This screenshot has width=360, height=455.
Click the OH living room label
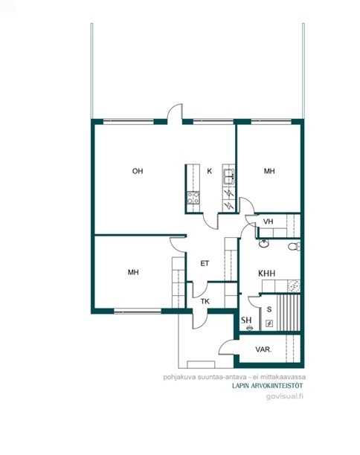coord(138,171)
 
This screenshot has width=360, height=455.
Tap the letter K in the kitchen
coord(209,171)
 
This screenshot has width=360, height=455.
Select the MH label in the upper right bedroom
coord(269,171)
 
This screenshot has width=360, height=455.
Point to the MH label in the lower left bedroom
coord(133,272)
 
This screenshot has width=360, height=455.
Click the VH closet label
coord(269,222)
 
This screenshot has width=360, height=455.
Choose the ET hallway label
coord(205,263)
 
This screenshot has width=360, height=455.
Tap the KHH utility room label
coord(267,273)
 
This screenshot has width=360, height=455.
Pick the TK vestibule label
coord(205,302)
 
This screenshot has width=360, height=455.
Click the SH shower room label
coord(246,320)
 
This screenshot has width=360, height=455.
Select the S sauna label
coord(269,309)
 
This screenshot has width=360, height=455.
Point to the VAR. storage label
coord(263,349)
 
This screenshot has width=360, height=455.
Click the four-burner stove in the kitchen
coord(193,198)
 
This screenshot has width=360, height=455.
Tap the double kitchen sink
coord(228,177)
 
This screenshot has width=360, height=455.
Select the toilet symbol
coord(294,246)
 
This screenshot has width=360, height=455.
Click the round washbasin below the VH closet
coord(264,243)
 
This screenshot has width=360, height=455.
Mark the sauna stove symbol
coord(269,323)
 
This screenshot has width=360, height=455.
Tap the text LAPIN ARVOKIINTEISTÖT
coord(267,386)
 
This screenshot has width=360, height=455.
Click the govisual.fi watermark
coord(285,396)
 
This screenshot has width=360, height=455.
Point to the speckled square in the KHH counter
coord(294,285)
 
